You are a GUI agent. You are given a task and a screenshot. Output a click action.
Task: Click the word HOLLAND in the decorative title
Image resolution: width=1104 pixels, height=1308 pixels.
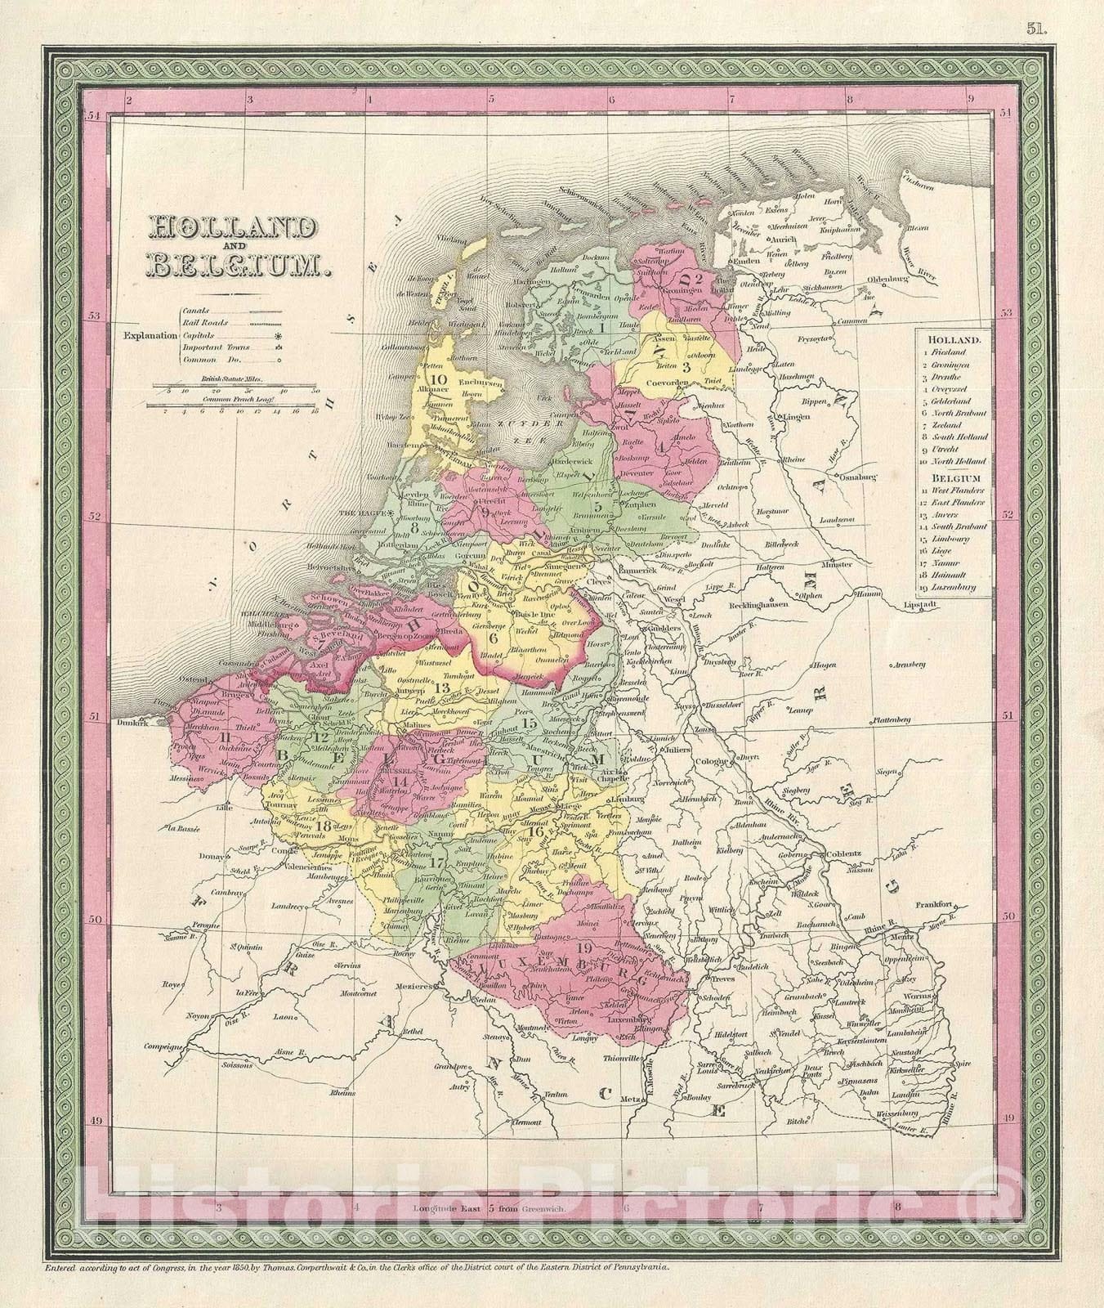pyautogui.click(x=230, y=229)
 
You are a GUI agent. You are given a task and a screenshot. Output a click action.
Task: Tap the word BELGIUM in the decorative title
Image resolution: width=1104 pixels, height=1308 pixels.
pyautogui.click(x=235, y=263)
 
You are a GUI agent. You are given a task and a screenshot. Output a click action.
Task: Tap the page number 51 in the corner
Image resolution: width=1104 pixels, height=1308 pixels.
pyautogui.click(x=1036, y=9)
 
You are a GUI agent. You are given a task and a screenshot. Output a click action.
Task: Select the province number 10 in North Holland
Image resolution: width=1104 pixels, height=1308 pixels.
pyautogui.click(x=439, y=379)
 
